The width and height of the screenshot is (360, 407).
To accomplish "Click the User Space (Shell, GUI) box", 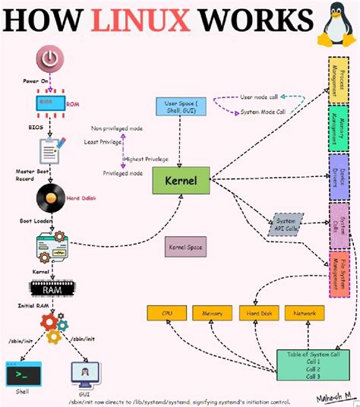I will (x=178, y=108).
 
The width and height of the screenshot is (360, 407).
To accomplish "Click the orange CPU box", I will (x=167, y=313).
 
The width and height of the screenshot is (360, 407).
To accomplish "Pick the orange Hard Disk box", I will (x=257, y=313).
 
